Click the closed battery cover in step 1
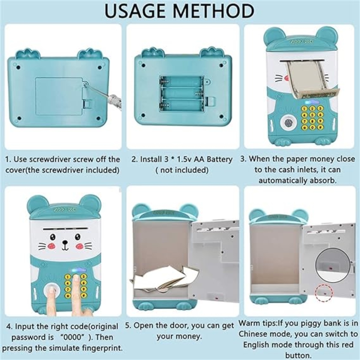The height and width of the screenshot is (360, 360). tap(60, 96)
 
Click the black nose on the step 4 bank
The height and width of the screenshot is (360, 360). tap(65, 242)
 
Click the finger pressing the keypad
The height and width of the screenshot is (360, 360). tap(76, 293)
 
